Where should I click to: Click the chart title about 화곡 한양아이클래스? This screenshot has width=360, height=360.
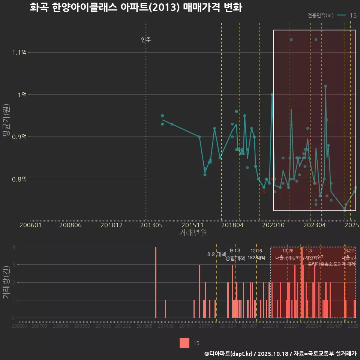[136, 7]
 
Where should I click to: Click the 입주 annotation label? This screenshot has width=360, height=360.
[146, 40]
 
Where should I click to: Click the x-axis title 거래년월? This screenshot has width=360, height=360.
[192, 233]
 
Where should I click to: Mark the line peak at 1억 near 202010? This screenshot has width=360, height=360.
[272, 94]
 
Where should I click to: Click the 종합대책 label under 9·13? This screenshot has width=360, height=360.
[235, 258]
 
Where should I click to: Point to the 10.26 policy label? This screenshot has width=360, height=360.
[288, 250]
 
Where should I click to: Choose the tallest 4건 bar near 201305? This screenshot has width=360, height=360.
[156, 282]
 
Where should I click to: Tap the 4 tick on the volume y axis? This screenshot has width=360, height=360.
[13, 247]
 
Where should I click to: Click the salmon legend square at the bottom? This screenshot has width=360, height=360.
[184, 343]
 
